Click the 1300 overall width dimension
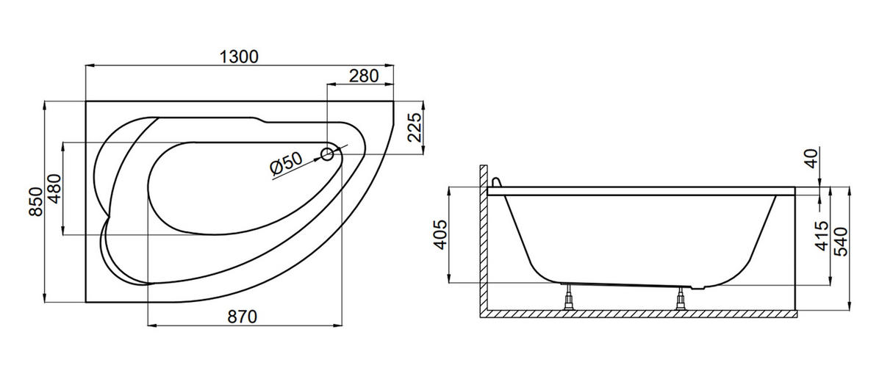click(239, 57)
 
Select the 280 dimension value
click(364, 76)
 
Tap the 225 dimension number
click(415, 127)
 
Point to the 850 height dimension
click(35, 201)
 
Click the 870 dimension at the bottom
click(242, 317)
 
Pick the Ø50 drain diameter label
click(286, 163)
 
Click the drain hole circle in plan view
click(327, 154)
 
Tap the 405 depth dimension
click(440, 235)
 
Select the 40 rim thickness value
click(812, 159)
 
